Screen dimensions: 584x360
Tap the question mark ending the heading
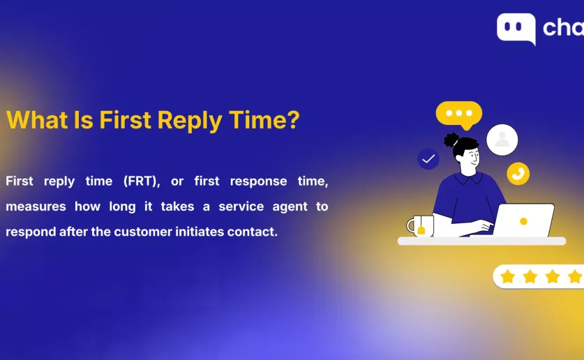tap(293, 119)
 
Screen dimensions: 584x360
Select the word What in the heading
tap(37, 119)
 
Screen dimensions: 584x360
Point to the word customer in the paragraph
tap(143, 232)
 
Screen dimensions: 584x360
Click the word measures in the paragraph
tap(36, 207)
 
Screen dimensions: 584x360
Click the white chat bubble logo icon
tap(516, 29)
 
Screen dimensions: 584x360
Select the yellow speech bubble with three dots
tap(459, 114)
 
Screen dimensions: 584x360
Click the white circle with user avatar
tap(502, 140)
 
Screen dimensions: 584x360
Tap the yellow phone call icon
tap(518, 174)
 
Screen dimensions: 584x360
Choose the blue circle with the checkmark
tap(428, 159)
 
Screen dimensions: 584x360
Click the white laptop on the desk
tap(523, 220)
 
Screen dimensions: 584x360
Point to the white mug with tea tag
tap(420, 226)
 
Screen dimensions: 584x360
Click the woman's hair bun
tap(451, 140)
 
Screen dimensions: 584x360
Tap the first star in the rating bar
tap(508, 276)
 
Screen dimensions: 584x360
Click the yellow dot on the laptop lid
tap(523, 221)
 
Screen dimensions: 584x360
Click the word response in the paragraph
tap(258, 181)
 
